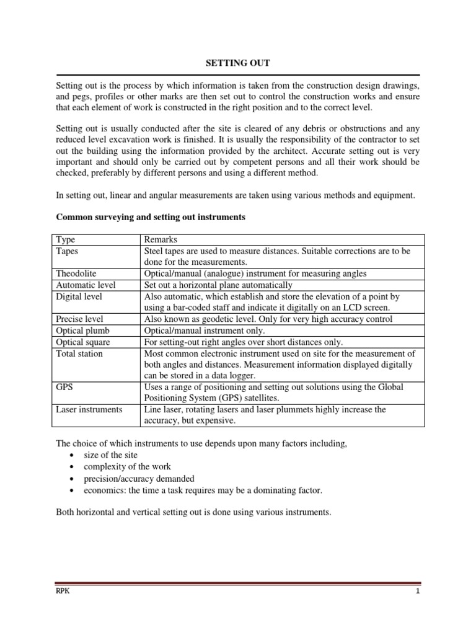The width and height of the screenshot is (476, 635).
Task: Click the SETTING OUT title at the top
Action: [238, 63]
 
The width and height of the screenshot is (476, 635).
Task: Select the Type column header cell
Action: [65, 239]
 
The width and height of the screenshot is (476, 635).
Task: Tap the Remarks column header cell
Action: [161, 239]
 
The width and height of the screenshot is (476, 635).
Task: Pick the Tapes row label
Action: [68, 251]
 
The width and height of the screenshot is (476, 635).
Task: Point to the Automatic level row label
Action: [86, 285]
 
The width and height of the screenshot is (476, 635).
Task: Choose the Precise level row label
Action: [79, 319]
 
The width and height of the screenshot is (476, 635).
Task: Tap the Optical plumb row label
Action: [81, 331]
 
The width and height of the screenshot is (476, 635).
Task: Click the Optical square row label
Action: [82, 342]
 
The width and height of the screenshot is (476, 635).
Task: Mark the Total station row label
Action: [79, 353]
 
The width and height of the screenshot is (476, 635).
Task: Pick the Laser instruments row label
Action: [89, 410]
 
